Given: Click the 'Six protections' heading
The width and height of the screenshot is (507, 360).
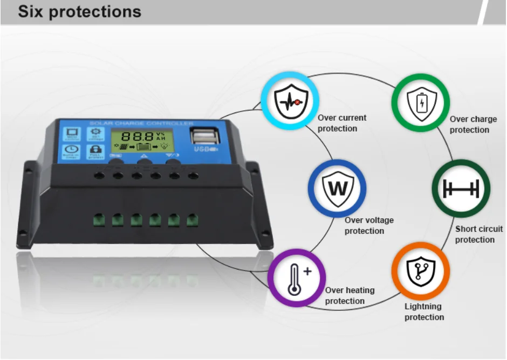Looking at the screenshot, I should [79, 12].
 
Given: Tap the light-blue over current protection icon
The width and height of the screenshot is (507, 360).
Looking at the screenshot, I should [290, 101].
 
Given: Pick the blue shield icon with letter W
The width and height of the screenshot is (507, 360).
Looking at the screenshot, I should [337, 188].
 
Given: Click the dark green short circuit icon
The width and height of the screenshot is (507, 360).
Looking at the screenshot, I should [461, 189].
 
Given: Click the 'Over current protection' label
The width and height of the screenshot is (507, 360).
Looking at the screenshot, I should [341, 123].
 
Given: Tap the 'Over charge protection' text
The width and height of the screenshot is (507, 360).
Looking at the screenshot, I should [473, 124].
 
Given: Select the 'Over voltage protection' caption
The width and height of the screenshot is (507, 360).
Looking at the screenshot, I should [369, 225].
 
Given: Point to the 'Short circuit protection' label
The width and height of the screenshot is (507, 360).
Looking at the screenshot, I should [478, 234].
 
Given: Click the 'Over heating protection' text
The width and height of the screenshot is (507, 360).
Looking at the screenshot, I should [349, 295].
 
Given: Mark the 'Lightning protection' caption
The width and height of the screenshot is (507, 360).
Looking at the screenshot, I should [424, 311].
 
